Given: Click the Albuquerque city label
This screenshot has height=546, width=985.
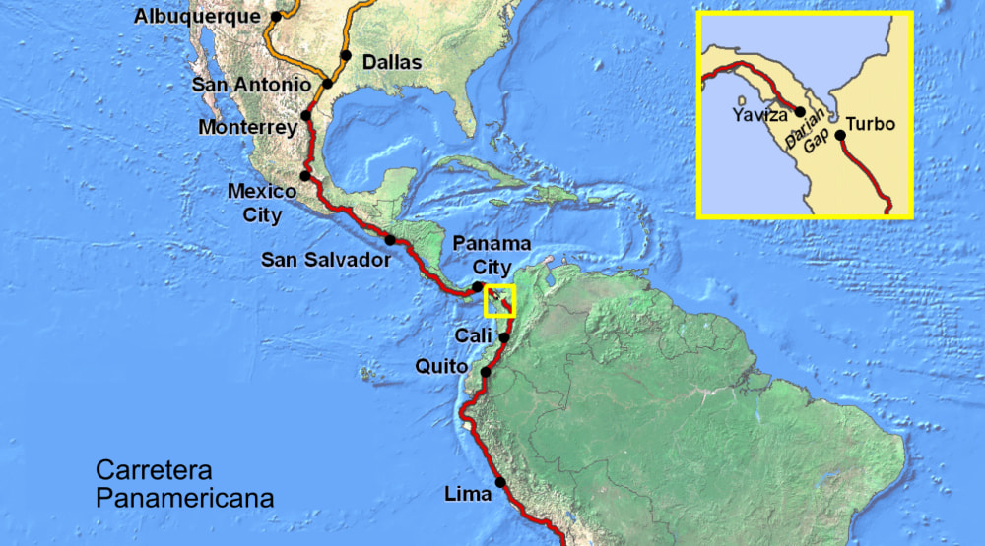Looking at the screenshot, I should tap(196, 16).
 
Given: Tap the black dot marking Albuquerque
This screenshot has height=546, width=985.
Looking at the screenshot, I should tap(277, 16).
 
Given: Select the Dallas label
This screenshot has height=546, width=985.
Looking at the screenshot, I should tap(392, 63).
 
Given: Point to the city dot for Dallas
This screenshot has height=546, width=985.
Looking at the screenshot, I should tap(346, 55).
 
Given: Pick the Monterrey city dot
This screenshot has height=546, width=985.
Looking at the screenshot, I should tap(306, 115).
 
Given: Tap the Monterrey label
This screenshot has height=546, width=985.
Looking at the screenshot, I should tap(247, 128).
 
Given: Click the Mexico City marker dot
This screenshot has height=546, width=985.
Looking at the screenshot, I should tap(305, 176).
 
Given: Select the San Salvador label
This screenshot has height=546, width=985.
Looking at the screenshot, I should tap(325, 260).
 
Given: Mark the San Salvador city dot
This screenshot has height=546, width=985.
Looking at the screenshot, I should tap(390, 240).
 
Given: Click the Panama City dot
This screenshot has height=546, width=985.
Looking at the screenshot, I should tap(478, 286).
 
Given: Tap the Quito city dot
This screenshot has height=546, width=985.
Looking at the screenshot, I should tap(485, 372).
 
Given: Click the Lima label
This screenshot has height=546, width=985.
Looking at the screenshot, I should tap(468, 494).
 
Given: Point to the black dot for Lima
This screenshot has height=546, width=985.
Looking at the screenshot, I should tap(500, 482).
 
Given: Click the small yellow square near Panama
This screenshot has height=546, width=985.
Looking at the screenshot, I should tap(500, 301).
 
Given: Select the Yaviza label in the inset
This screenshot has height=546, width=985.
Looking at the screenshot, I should tap(759, 115).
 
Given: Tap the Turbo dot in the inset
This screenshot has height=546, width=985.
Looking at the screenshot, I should tap(839, 135).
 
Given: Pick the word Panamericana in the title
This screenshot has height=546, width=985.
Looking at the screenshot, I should tap(184, 497).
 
